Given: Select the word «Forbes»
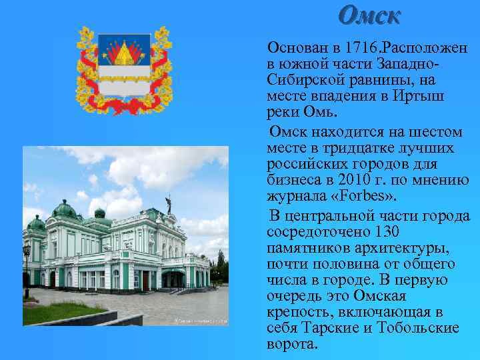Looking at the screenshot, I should click(x=364, y=196).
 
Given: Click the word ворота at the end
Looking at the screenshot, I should click(x=291, y=345).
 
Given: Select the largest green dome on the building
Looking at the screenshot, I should click(x=65, y=211).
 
